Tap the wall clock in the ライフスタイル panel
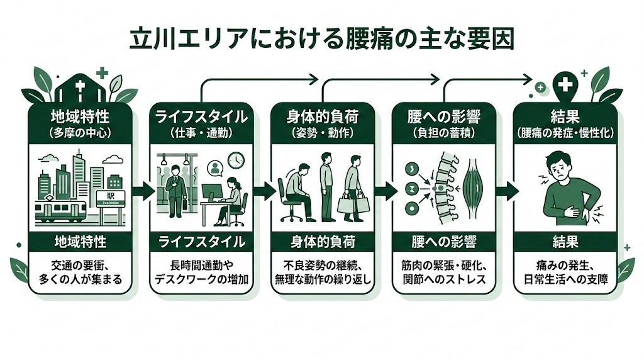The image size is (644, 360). tap(236, 160)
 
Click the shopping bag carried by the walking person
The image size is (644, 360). tap(347, 203)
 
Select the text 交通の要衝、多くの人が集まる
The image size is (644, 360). tap(80, 271)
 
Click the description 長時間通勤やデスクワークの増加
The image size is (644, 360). tap(201, 271)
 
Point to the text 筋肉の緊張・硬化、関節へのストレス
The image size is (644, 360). tap(443, 271)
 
